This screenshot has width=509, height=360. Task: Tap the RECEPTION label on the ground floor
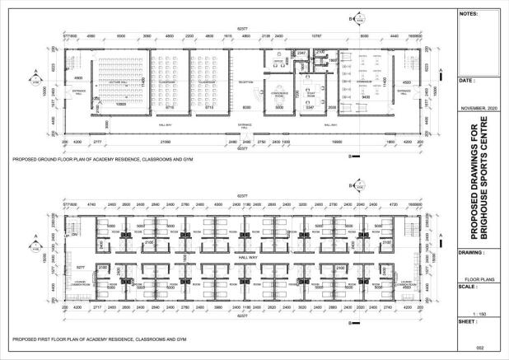tap(245, 82)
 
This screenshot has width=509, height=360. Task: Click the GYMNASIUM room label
tap(362, 82)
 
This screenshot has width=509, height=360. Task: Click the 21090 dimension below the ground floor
tap(166, 142)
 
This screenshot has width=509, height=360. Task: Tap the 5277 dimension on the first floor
tap(81, 268)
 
